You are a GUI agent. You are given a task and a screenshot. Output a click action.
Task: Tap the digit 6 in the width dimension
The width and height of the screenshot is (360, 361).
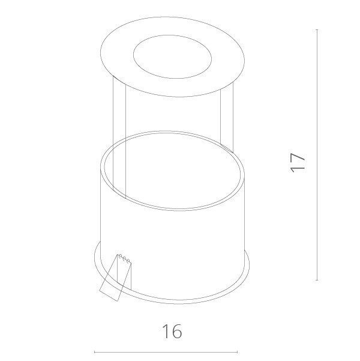tap(177, 331)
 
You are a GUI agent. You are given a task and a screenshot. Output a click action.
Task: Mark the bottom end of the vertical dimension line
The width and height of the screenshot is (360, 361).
tap(317, 281)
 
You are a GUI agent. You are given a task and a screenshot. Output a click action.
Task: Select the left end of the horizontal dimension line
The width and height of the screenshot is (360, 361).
tap(95, 352)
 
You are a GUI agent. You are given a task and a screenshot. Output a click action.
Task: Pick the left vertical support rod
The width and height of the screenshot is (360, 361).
tap(119, 138)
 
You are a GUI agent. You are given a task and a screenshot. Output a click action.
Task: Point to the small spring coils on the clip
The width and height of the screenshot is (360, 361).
tap(124, 258)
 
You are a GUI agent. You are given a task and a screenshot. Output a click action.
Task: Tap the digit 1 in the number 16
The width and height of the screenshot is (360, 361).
tap(166, 331)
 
